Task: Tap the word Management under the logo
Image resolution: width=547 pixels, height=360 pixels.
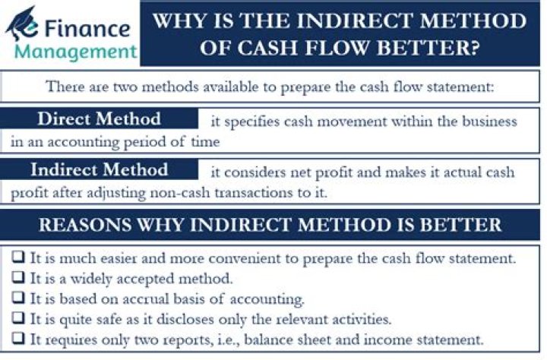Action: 76,52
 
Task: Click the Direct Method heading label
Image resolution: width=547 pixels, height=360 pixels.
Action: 99,119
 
